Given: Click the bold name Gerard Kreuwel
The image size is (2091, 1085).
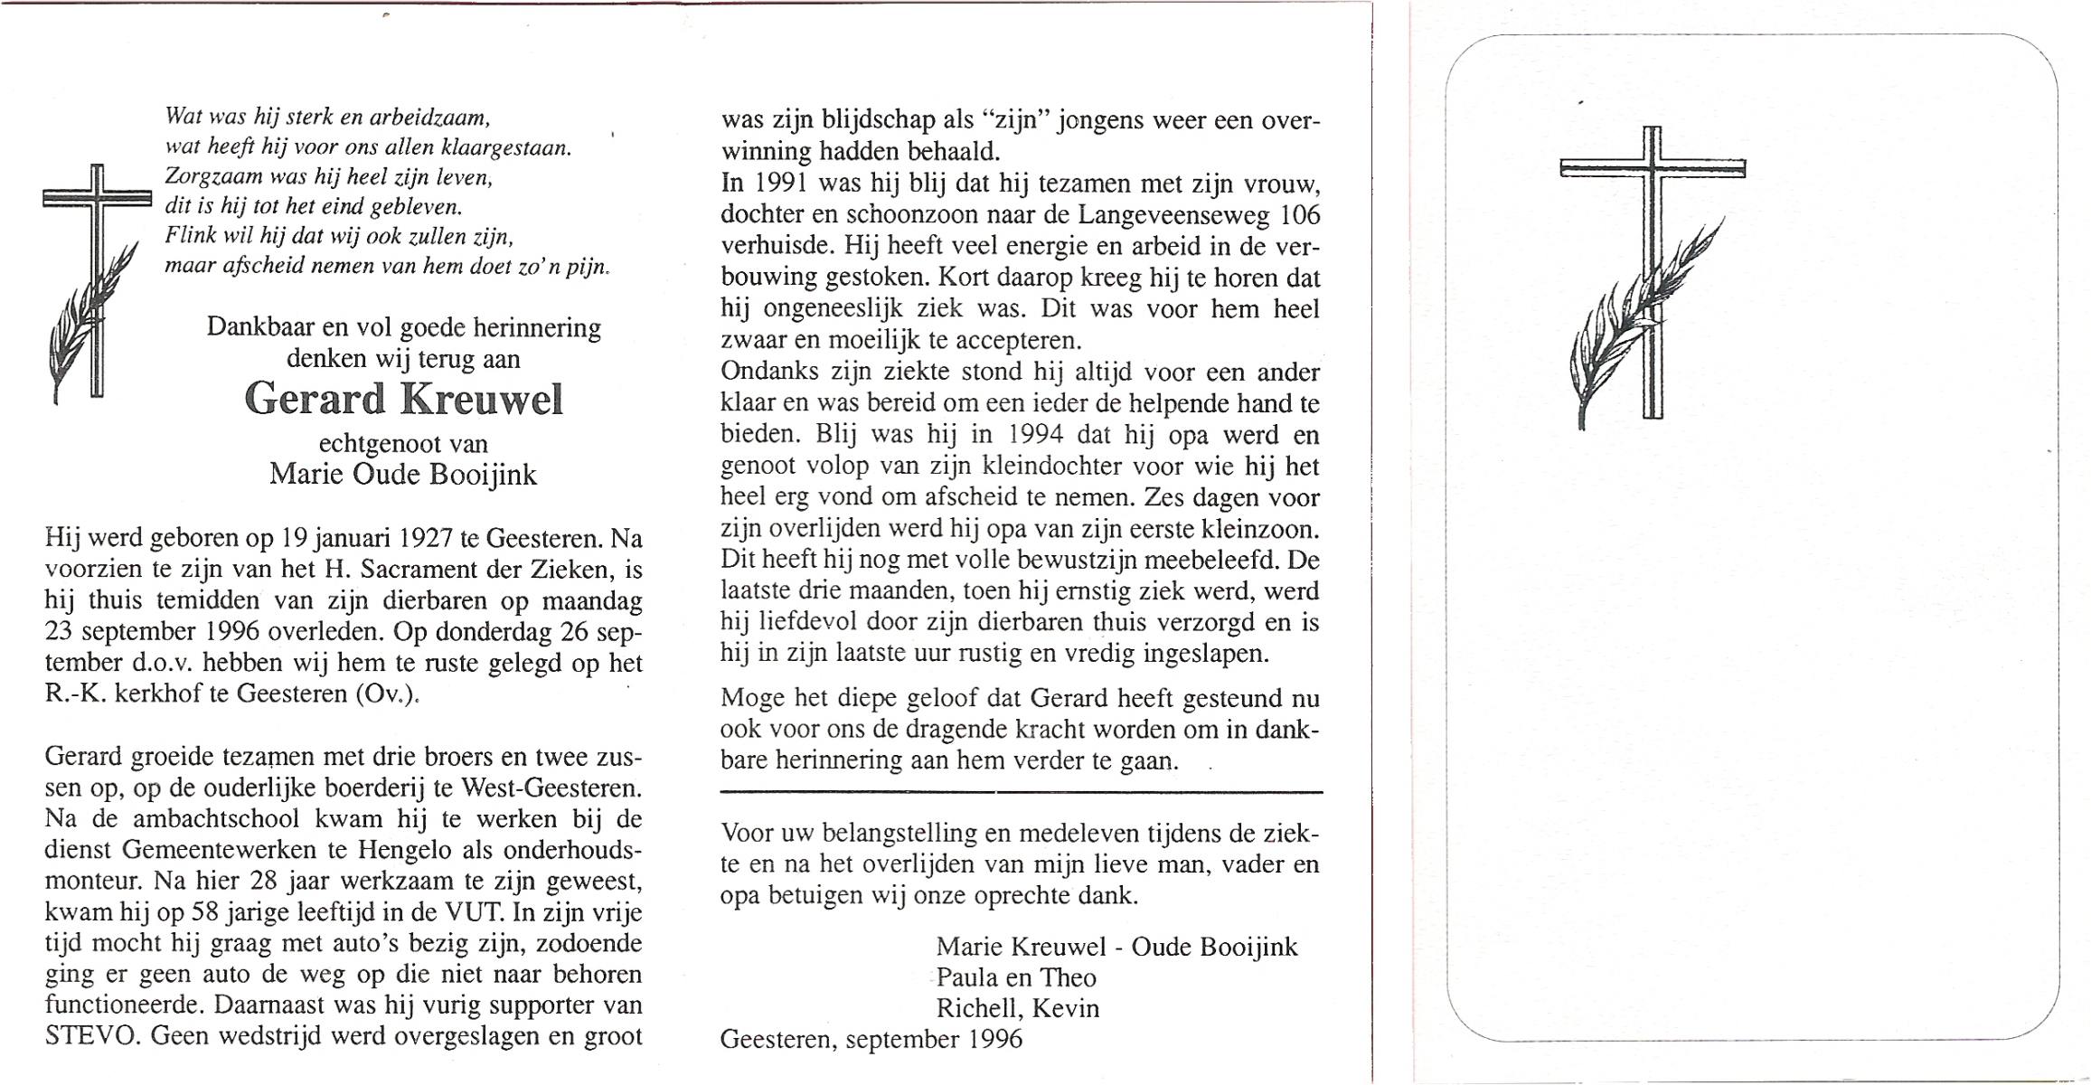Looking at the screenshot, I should pos(403,399).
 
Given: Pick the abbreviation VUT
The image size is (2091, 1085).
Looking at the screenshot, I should pos(464,912).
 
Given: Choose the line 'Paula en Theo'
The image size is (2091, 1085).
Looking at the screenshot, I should pos(1015,977).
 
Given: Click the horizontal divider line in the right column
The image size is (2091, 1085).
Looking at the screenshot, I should pos(1021,793).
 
